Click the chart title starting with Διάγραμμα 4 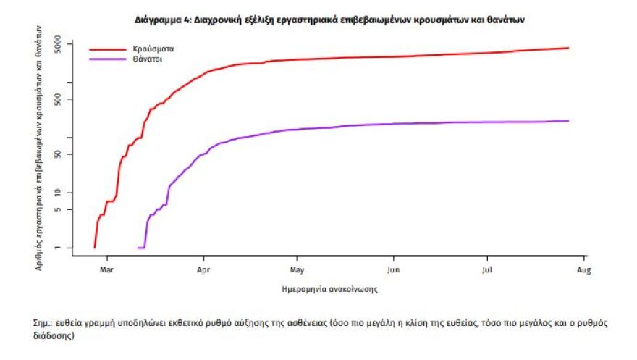pyautogui.click(x=329, y=20)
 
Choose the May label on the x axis pyautogui.click(x=296, y=270)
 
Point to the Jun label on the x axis pyautogui.click(x=393, y=270)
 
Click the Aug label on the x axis pyautogui.click(x=583, y=270)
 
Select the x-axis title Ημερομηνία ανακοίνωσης pyautogui.click(x=329, y=289)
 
